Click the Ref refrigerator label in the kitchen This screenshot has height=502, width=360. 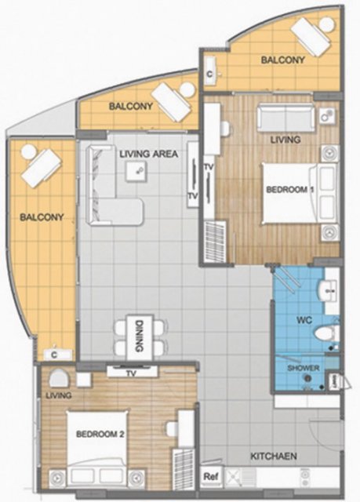(x=211, y=476)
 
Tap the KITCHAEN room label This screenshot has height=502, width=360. (x=273, y=456)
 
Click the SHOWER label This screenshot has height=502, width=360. (x=303, y=368)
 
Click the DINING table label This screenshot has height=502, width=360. (x=140, y=336)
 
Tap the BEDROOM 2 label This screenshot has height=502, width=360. (x=100, y=434)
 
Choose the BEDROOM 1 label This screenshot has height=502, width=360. (x=290, y=190)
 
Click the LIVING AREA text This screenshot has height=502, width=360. (x=149, y=154)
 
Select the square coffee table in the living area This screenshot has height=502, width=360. (x=136, y=171)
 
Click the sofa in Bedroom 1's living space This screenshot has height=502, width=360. (x=286, y=118)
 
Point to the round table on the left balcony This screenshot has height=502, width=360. (x=28, y=151)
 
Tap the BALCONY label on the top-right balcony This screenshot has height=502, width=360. (x=283, y=60)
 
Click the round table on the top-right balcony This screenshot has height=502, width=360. (x=327, y=24)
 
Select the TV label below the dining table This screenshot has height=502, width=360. (x=131, y=373)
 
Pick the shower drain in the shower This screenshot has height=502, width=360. (x=307, y=379)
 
